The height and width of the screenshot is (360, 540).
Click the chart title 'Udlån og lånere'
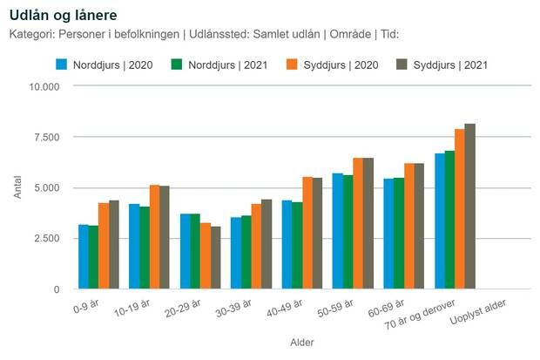[64, 16]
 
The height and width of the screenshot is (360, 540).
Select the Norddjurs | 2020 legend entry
[105, 65]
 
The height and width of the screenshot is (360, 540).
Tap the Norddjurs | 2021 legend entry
[219, 65]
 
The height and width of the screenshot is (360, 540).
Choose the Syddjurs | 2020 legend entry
[333, 65]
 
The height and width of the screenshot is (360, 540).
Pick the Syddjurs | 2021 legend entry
[442, 65]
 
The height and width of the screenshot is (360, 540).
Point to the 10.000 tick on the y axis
[44, 87]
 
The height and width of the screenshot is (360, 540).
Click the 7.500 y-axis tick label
[47, 137]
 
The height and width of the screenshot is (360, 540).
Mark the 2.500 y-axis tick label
[47, 238]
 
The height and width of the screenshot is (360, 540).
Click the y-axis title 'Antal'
[17, 187]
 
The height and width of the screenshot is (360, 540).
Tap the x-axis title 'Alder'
[302, 343]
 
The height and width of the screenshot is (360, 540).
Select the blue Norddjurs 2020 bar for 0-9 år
[84, 256]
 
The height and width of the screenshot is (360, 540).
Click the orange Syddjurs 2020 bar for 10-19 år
[154, 237]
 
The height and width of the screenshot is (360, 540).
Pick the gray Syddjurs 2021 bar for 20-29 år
[216, 258]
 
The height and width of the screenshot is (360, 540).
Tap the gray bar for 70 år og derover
[470, 207]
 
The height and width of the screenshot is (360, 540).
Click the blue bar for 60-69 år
[388, 234]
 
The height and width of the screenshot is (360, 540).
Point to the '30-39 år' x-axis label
[233, 309]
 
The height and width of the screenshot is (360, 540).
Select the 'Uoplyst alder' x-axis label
[478, 312]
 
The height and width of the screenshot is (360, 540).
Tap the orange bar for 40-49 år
[307, 233]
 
